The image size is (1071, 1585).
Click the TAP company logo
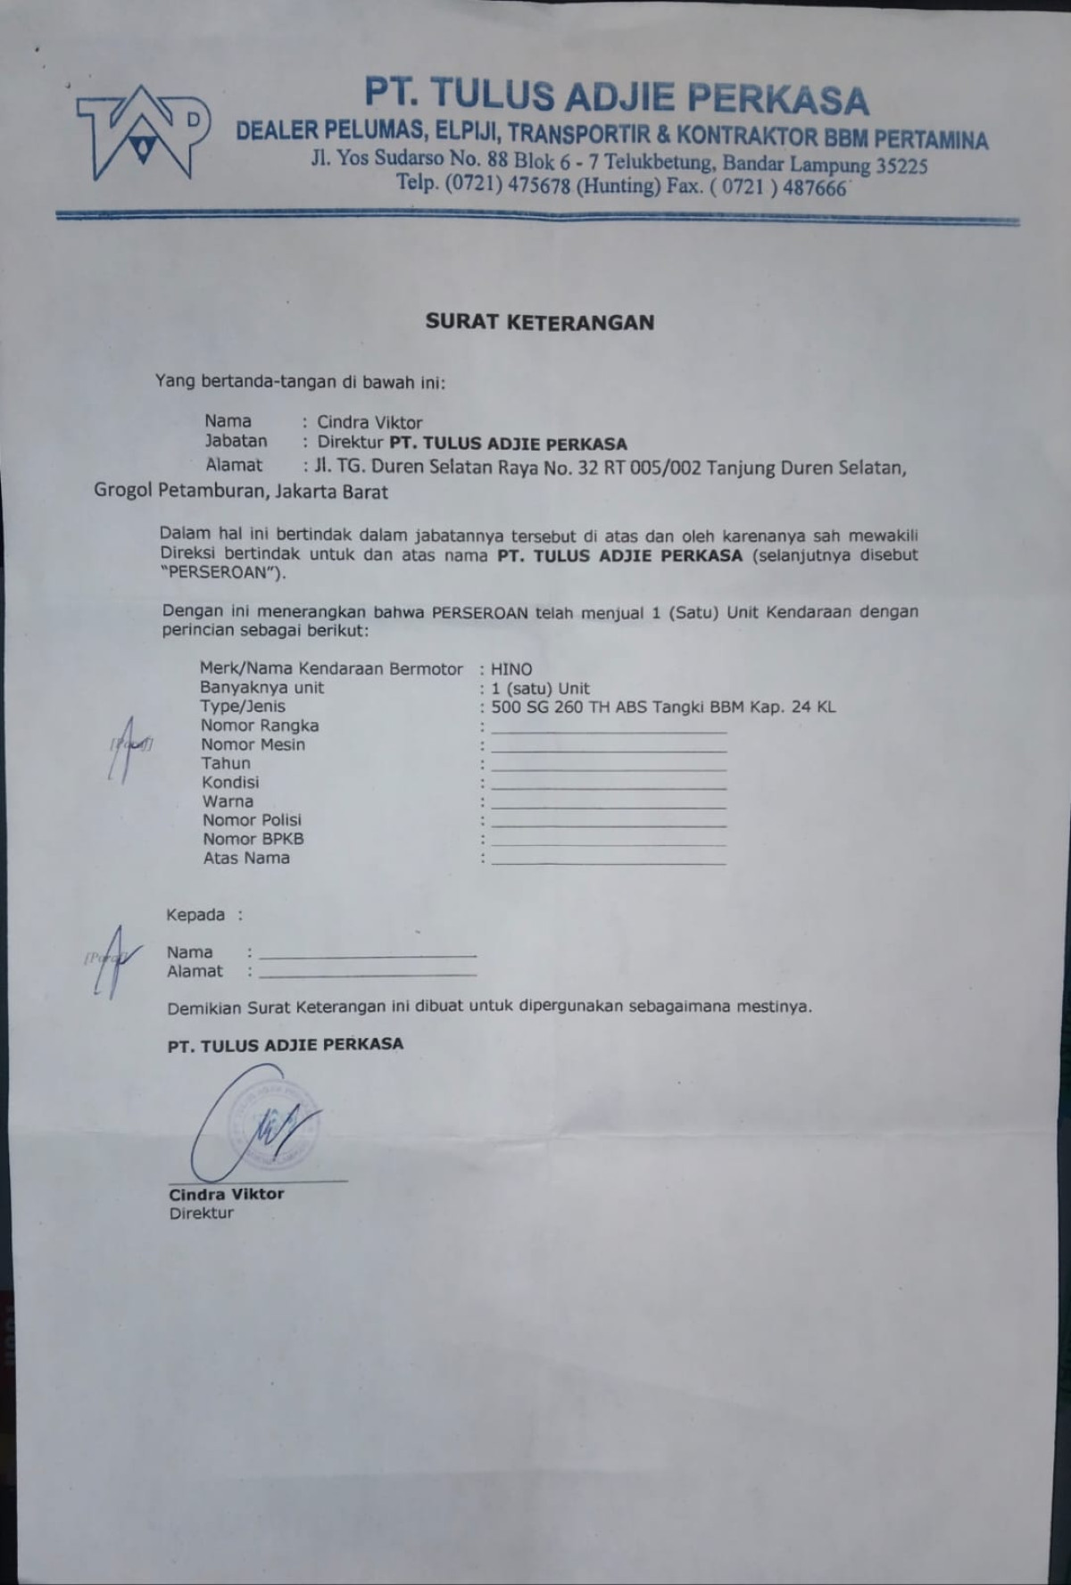(143, 131)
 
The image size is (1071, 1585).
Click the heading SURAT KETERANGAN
(539, 322)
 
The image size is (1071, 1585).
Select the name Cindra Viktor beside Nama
(369, 422)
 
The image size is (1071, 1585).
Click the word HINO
(511, 668)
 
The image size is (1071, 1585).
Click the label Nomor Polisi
(252, 819)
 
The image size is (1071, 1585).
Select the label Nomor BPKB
(253, 839)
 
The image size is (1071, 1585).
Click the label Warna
(228, 801)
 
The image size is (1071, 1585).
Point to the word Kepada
(195, 915)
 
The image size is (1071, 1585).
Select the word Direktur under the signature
(202, 1213)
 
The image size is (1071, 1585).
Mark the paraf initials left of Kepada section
(112, 959)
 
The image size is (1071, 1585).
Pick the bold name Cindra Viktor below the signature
(227, 1194)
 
